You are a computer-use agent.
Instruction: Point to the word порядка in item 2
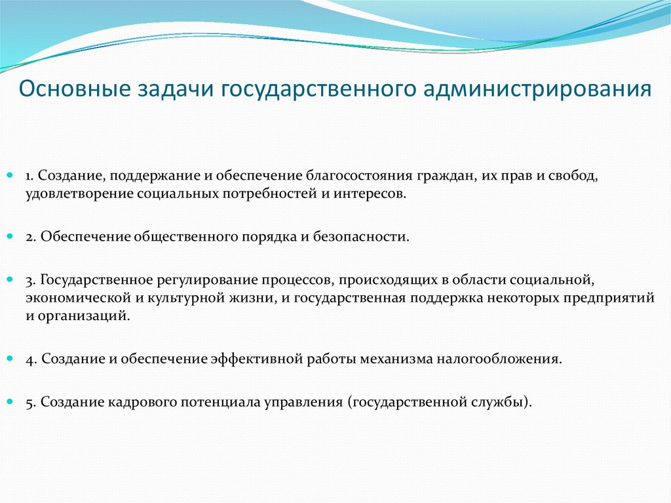click(267, 237)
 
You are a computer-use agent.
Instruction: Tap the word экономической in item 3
click(69, 298)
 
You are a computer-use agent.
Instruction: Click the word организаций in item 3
click(86, 315)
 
